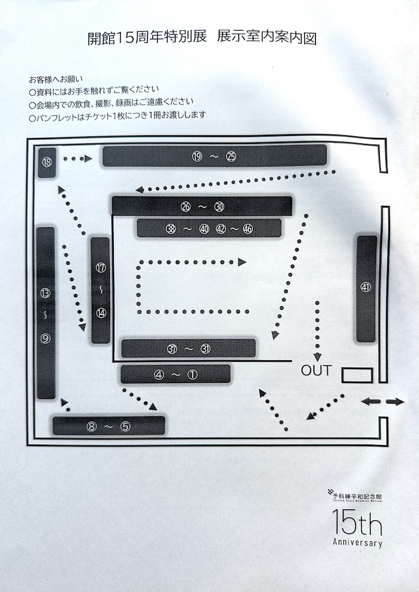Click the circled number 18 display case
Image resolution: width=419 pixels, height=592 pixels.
point(47,162)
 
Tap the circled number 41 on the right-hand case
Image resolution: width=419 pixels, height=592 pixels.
point(365,287)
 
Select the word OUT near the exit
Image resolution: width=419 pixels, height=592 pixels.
point(316,371)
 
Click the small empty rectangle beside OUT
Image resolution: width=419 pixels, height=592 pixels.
point(357,375)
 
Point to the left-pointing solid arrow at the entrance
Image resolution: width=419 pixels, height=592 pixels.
point(370,401)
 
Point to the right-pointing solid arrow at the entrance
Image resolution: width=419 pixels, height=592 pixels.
point(395,402)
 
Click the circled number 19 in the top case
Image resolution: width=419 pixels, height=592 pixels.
point(197,156)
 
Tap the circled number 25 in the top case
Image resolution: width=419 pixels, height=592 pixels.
point(231,156)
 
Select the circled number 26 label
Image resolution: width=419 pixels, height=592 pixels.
point(186,206)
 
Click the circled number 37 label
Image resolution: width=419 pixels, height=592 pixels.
point(172,349)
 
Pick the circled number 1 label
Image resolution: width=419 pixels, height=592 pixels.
point(192,375)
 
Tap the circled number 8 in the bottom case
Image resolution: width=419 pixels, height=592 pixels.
point(92,427)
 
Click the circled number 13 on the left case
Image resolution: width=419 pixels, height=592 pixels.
point(46,293)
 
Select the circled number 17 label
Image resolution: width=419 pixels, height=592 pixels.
point(101,268)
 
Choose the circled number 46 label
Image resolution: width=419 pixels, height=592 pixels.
point(247,229)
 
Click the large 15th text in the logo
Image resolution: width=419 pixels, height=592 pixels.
point(357,522)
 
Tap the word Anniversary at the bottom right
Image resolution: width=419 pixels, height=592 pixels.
point(358,542)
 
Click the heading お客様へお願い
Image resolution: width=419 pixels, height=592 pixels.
point(55,80)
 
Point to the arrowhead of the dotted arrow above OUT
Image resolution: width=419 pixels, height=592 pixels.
point(317,357)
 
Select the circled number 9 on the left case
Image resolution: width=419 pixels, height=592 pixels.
point(46,339)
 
